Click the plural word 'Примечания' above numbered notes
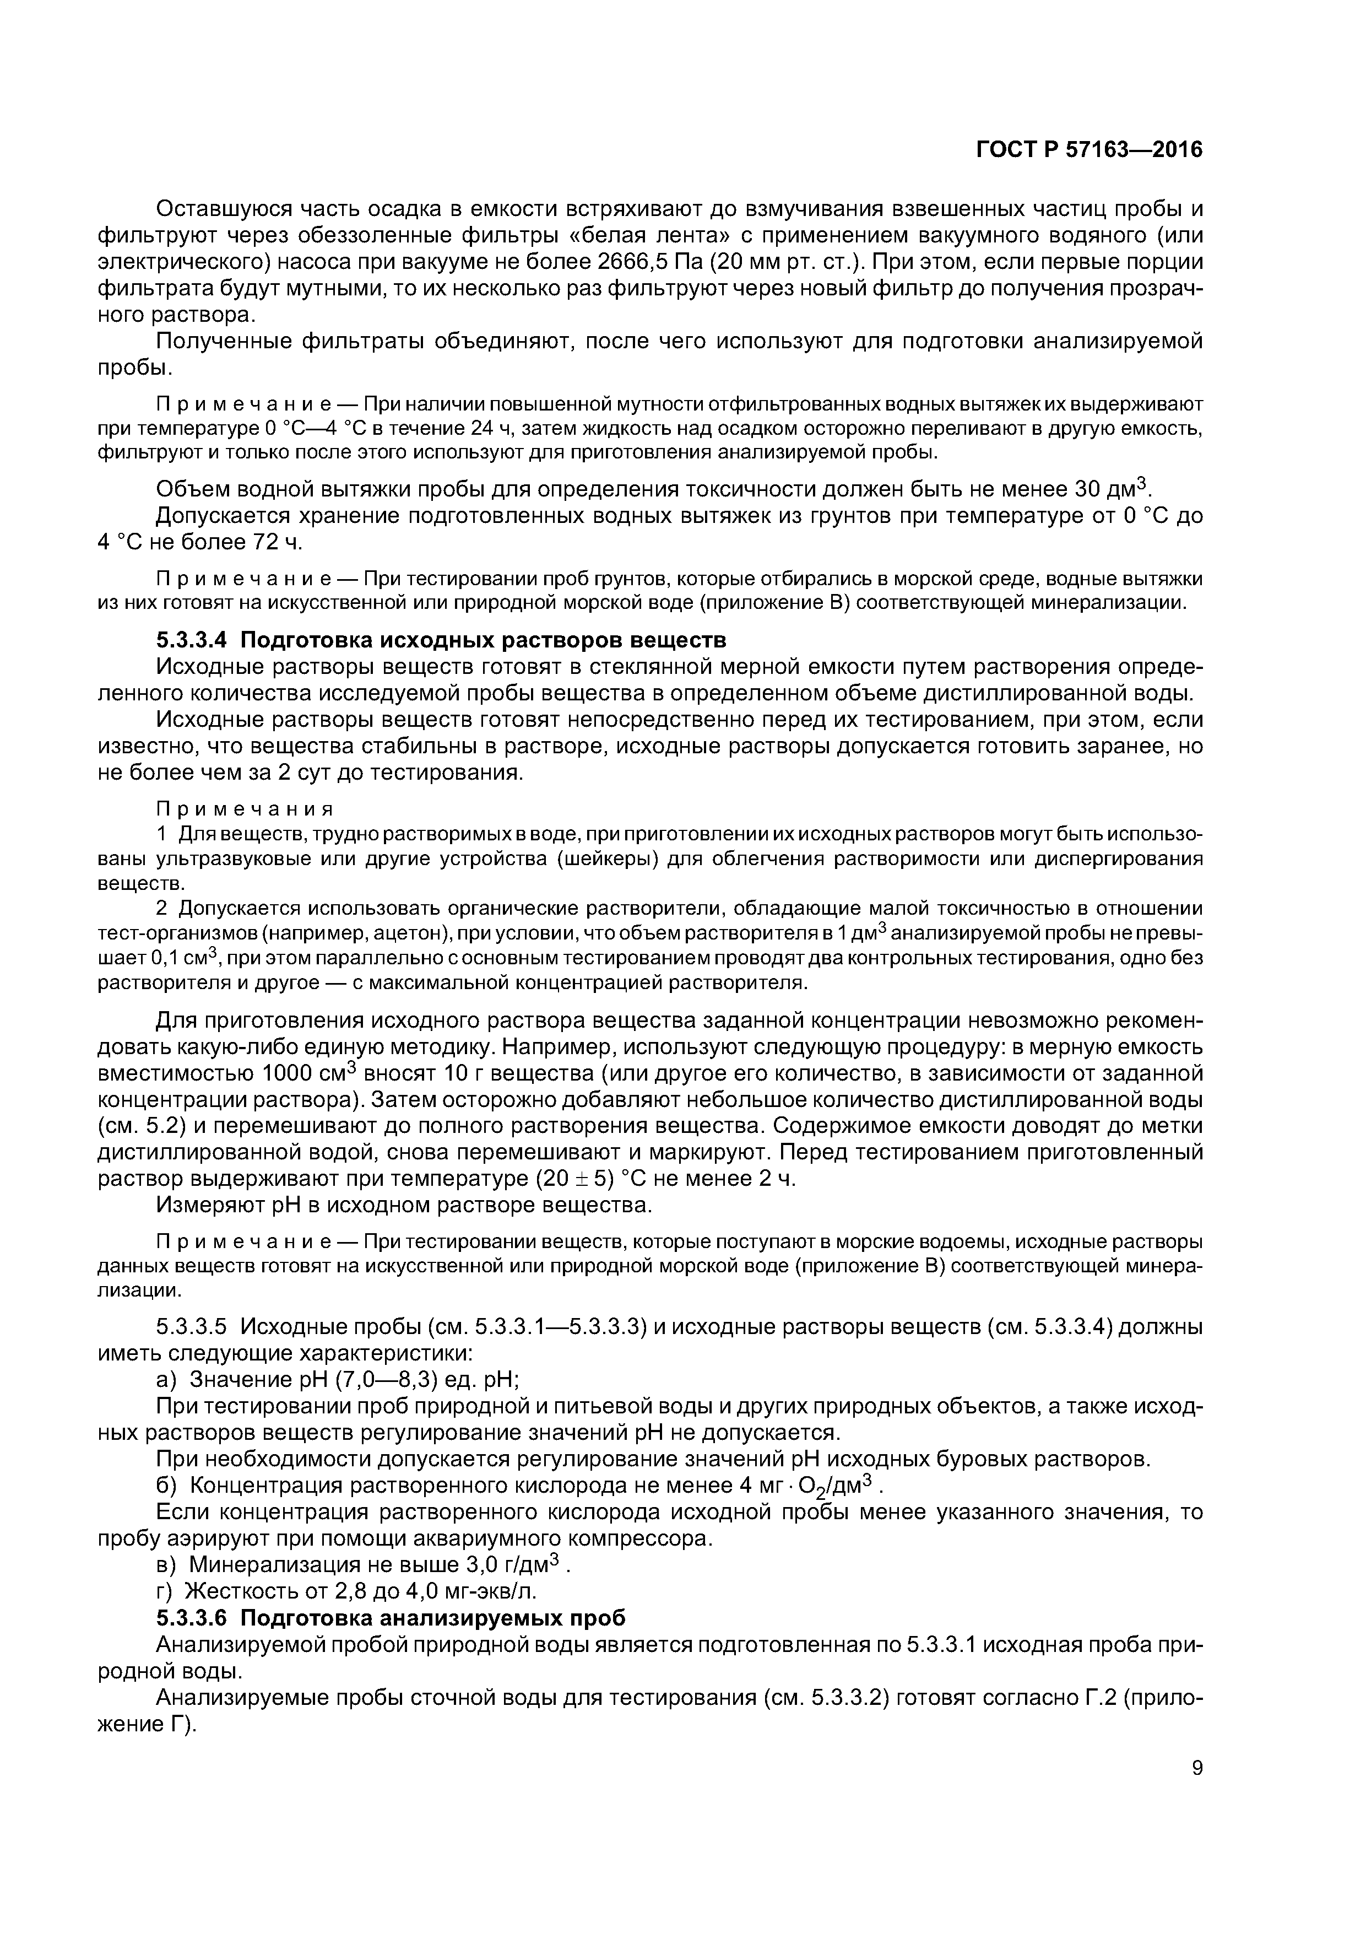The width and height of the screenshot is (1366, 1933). [245, 809]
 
